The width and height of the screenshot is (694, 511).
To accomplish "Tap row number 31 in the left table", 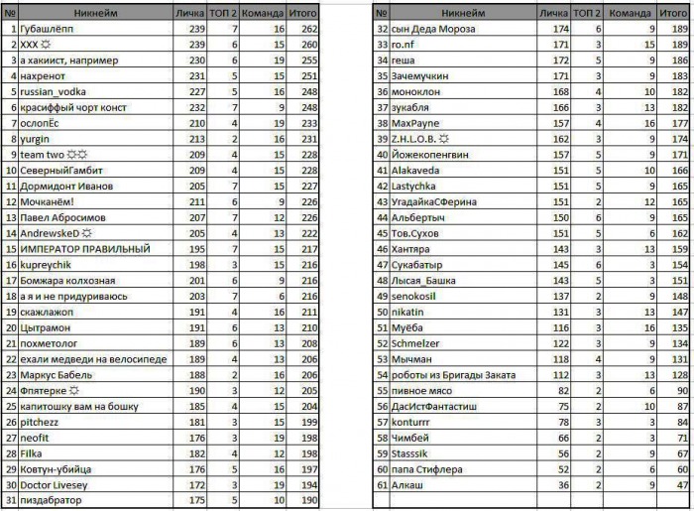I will (10, 500).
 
